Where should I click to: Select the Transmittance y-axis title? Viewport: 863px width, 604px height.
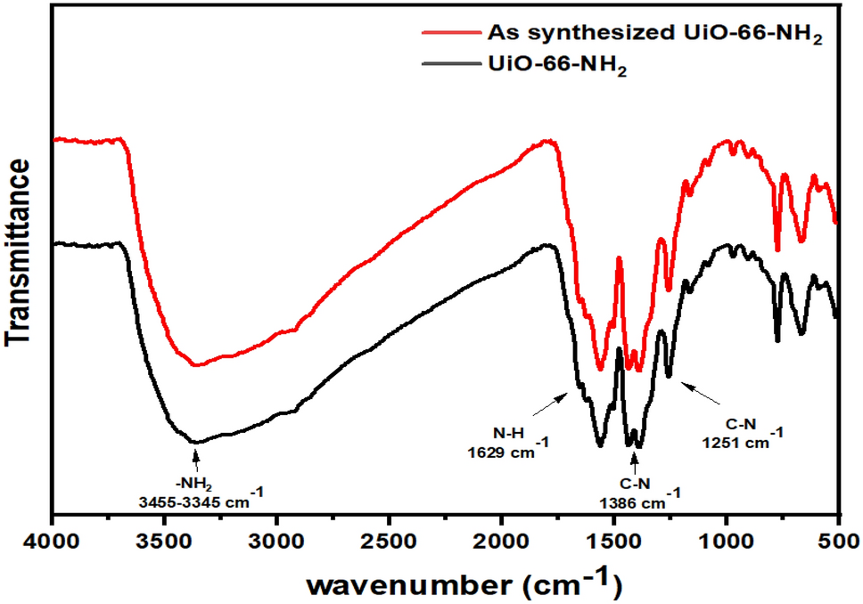point(19,252)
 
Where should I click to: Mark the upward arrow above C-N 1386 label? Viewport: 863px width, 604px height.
point(634,458)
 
